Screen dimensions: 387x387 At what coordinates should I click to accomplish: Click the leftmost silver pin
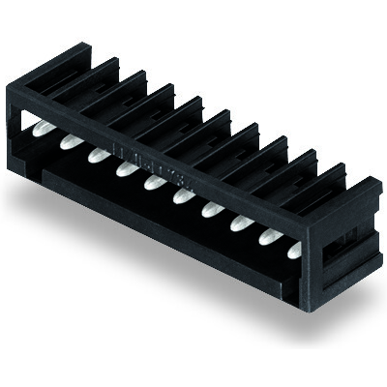point(42,130)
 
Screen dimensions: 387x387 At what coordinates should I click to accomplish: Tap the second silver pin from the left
point(69,142)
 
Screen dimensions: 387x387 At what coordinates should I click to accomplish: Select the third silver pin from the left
point(97,154)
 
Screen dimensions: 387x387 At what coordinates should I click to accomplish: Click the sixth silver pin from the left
point(181,194)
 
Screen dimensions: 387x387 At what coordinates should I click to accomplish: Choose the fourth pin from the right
point(209,208)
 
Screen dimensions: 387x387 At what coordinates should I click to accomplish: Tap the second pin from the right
point(265,235)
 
